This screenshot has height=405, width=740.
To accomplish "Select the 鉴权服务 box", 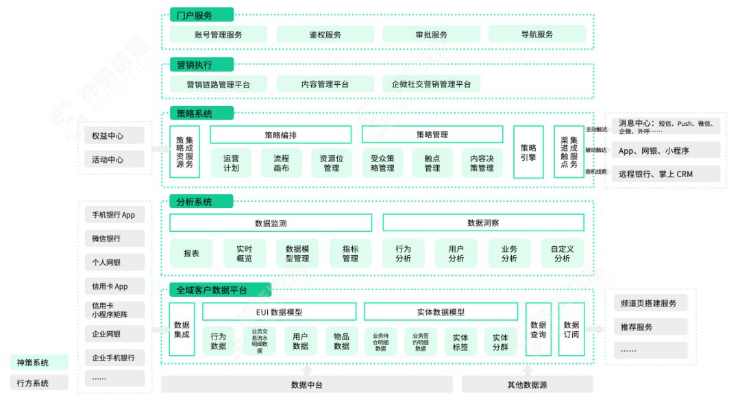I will tap(325, 34).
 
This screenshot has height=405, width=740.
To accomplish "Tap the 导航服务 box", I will tap(536, 34).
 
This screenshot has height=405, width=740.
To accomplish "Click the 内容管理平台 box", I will tap(325, 84).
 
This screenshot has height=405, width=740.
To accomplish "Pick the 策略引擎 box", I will tap(528, 152).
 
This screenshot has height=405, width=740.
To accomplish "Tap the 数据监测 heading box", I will tap(271, 223).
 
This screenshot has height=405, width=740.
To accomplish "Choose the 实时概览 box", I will tap(239, 254).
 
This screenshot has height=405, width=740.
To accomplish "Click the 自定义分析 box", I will tap(562, 254).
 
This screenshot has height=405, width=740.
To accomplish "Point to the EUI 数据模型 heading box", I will tap(279, 312).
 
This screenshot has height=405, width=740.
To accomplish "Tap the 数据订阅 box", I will tap(571, 330).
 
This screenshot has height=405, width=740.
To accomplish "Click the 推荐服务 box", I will tap(646, 327).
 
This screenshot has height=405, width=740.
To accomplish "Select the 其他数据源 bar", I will tap(526, 384).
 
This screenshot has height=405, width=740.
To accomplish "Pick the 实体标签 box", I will tap(461, 341).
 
